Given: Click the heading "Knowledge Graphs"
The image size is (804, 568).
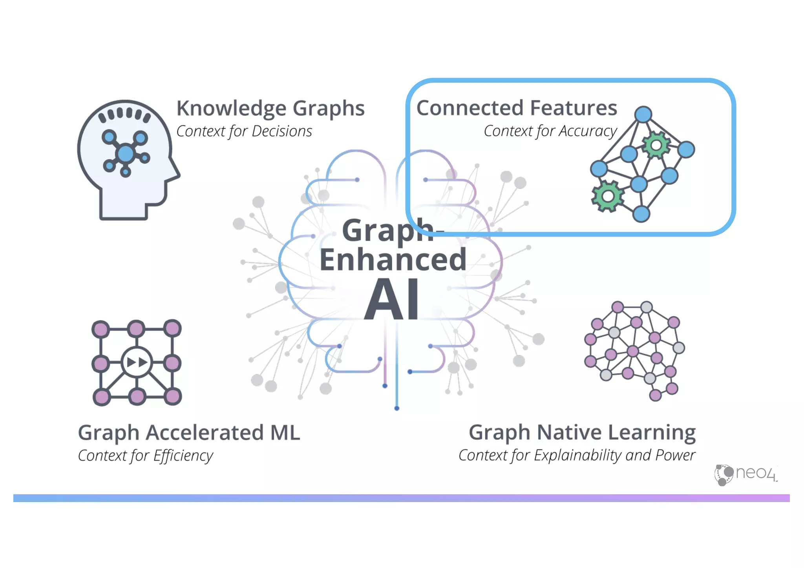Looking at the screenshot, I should coord(270,108).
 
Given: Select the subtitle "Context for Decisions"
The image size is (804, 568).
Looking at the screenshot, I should coord(244,131).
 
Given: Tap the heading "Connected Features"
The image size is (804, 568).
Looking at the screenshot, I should coord(516,108).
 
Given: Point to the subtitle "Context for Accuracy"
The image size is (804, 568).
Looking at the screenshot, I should coord(550,131).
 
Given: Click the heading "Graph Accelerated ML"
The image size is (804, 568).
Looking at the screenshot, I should coord(189,433).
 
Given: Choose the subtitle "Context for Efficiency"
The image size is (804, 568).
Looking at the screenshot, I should coord(145,456).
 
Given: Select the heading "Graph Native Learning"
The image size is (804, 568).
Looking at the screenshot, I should coord(582,432).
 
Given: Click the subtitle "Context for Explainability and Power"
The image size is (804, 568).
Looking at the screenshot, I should coord(577,455).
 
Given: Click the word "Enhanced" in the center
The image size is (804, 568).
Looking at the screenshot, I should coord(393,260).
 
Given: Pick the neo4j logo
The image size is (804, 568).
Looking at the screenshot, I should coord(746,474).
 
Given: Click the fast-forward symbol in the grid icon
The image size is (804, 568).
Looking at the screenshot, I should coord(137,362).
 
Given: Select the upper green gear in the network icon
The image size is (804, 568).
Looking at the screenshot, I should coord(656,146).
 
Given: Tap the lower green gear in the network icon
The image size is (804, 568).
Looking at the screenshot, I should coord(607,196).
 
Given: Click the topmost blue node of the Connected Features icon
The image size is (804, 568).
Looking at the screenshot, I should coord(643,115).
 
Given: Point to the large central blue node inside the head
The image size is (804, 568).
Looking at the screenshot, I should coord(126,153).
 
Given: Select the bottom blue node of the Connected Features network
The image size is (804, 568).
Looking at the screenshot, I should coord(641,214).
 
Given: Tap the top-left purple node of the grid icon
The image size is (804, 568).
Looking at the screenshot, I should coord(101,329).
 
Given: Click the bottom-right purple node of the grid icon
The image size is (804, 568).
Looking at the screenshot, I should coord(173,397).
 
